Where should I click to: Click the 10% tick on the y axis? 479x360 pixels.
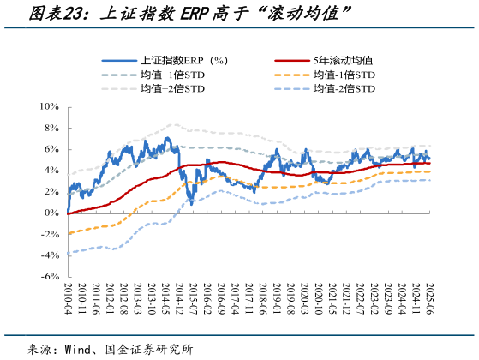(48, 106)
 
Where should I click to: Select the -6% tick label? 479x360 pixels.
(49, 276)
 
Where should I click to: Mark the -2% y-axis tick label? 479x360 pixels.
(49, 234)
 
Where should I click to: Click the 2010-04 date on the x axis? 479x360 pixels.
(68, 297)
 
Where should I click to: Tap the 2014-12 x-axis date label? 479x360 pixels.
(179, 297)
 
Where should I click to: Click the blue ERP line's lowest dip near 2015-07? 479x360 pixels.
(193, 203)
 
